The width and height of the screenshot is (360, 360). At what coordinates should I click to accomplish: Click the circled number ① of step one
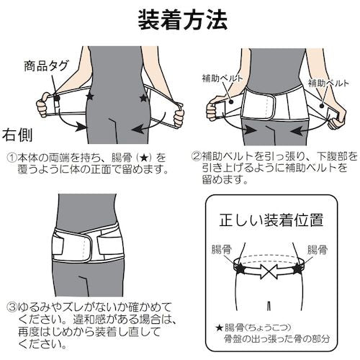coord(12,156)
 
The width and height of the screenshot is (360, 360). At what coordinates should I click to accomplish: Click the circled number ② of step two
coord(197,156)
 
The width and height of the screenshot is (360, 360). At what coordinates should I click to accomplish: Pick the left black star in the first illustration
coord(89,95)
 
